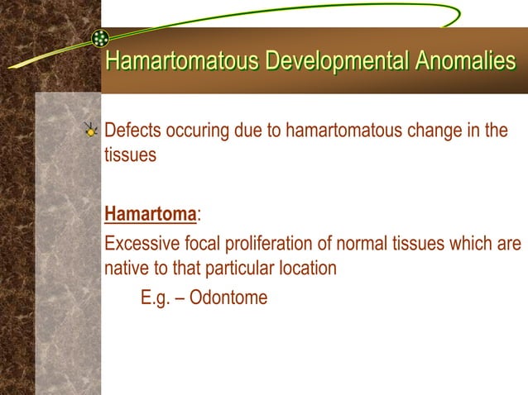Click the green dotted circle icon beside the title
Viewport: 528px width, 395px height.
coord(101,38)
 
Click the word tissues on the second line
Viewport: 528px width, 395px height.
coord(130,155)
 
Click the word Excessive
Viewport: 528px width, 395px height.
coord(142,245)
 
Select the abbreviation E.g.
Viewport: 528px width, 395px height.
coord(156,297)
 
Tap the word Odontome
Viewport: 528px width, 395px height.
coord(228,297)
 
